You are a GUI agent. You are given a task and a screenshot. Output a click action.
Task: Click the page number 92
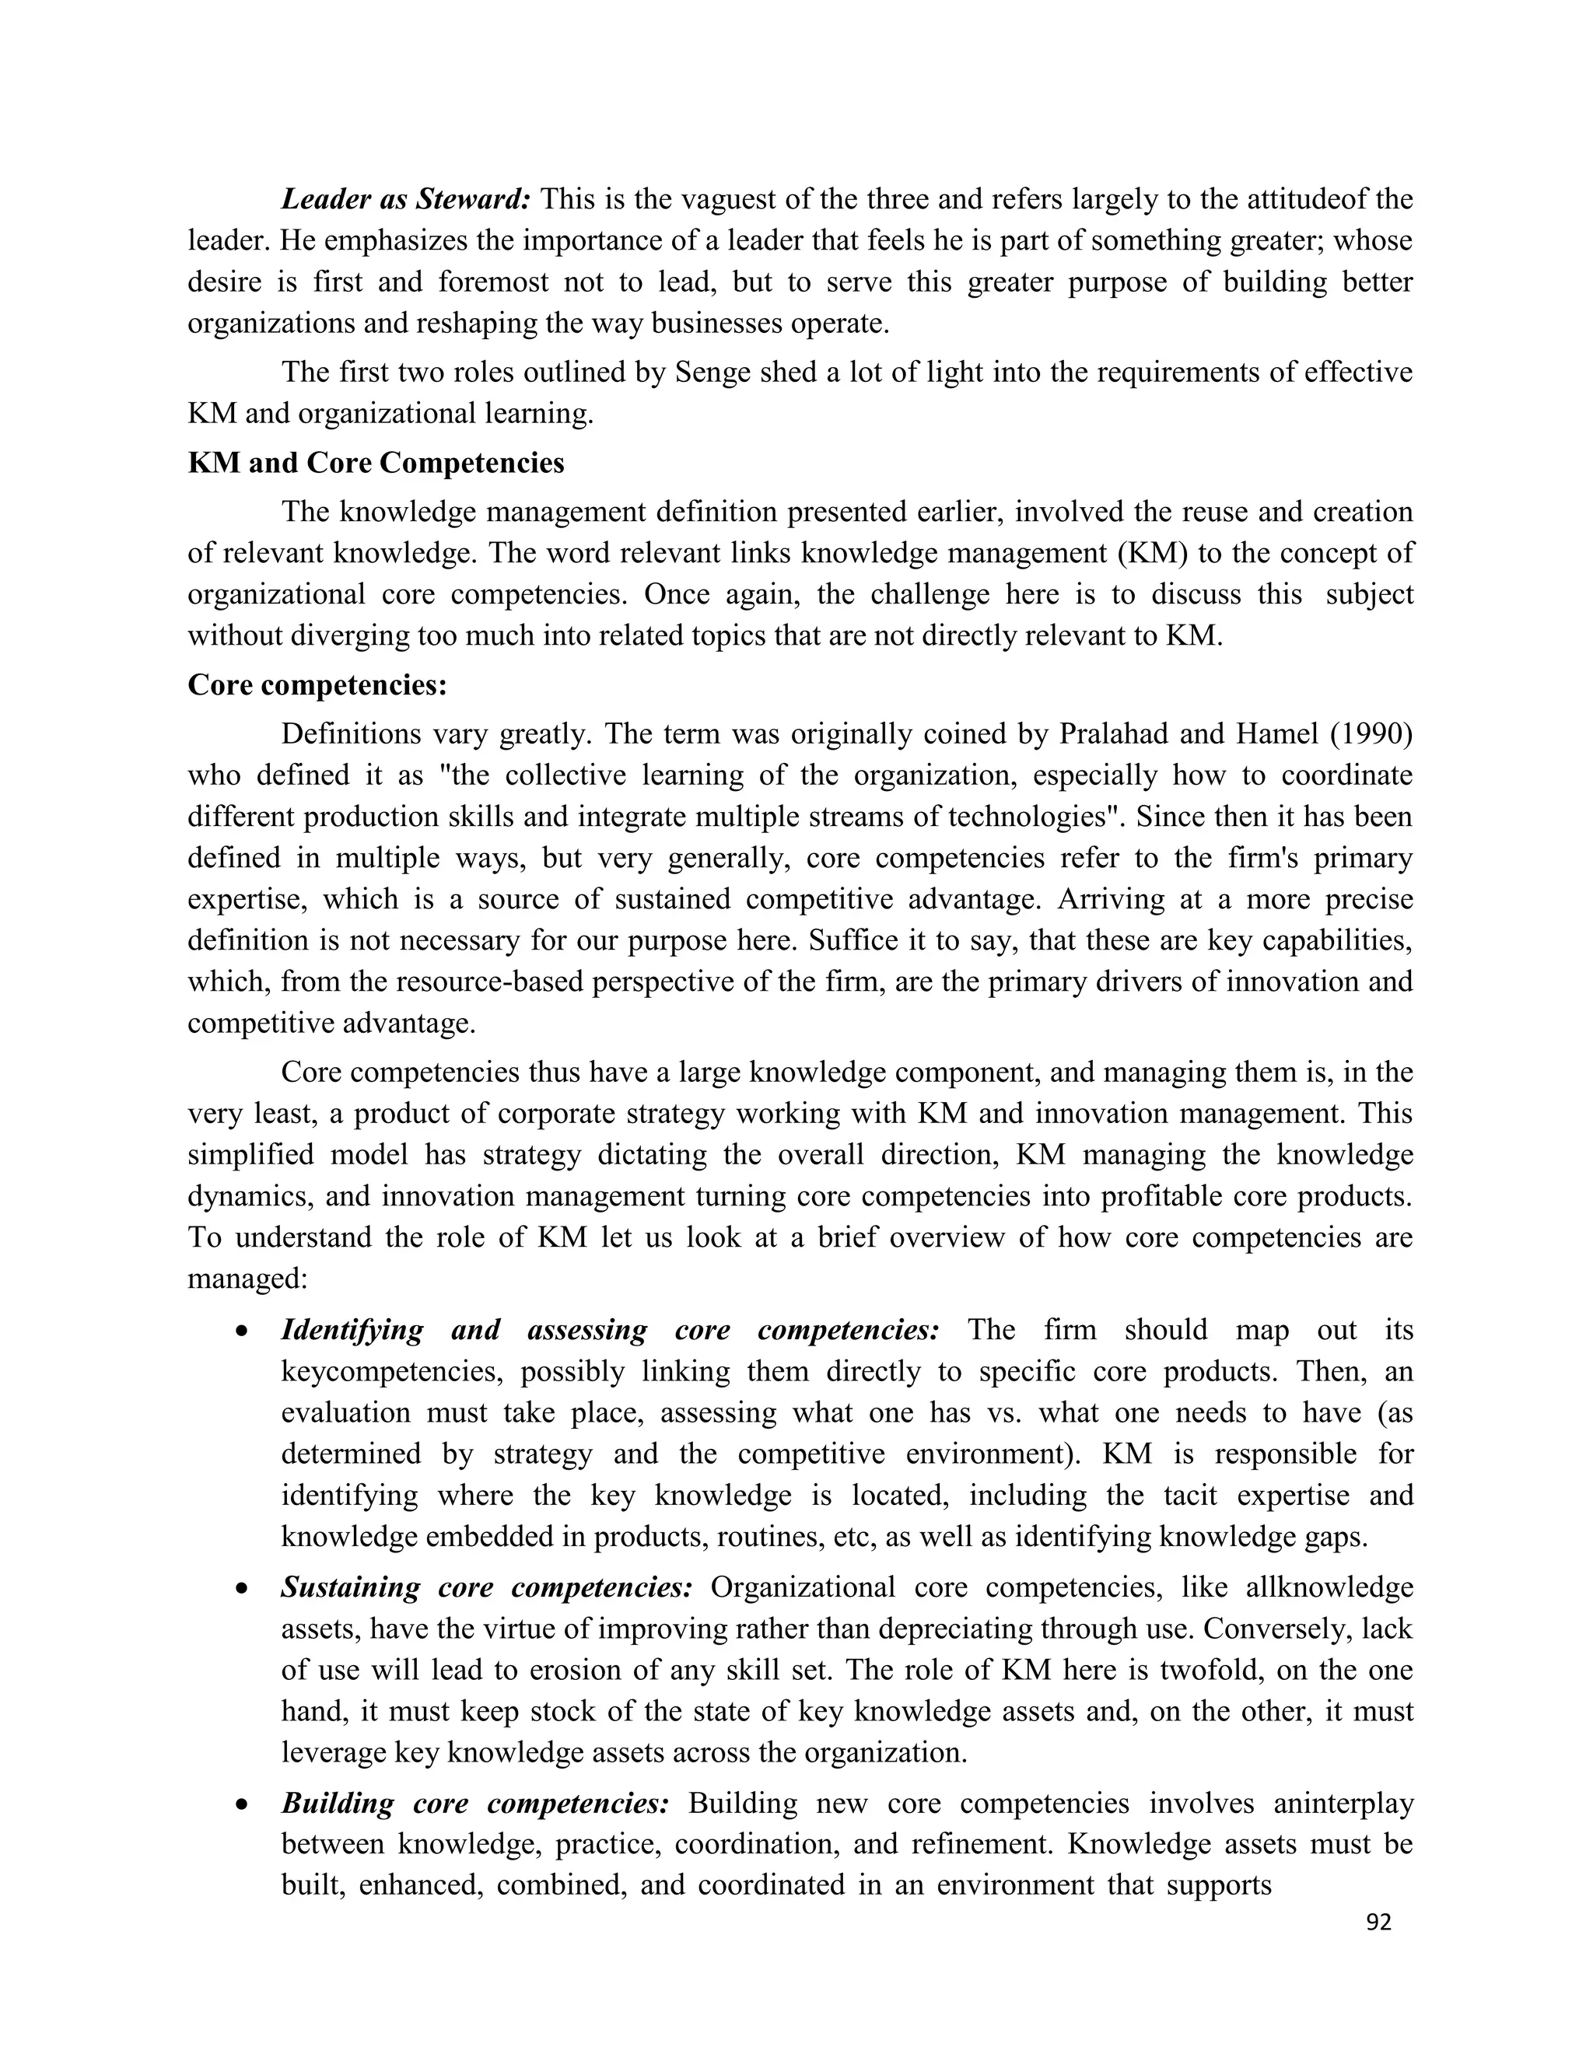pos(1379,1923)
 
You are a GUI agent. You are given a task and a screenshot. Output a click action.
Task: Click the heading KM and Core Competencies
pos(376,463)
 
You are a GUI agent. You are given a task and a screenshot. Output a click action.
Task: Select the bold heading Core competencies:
pos(317,684)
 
